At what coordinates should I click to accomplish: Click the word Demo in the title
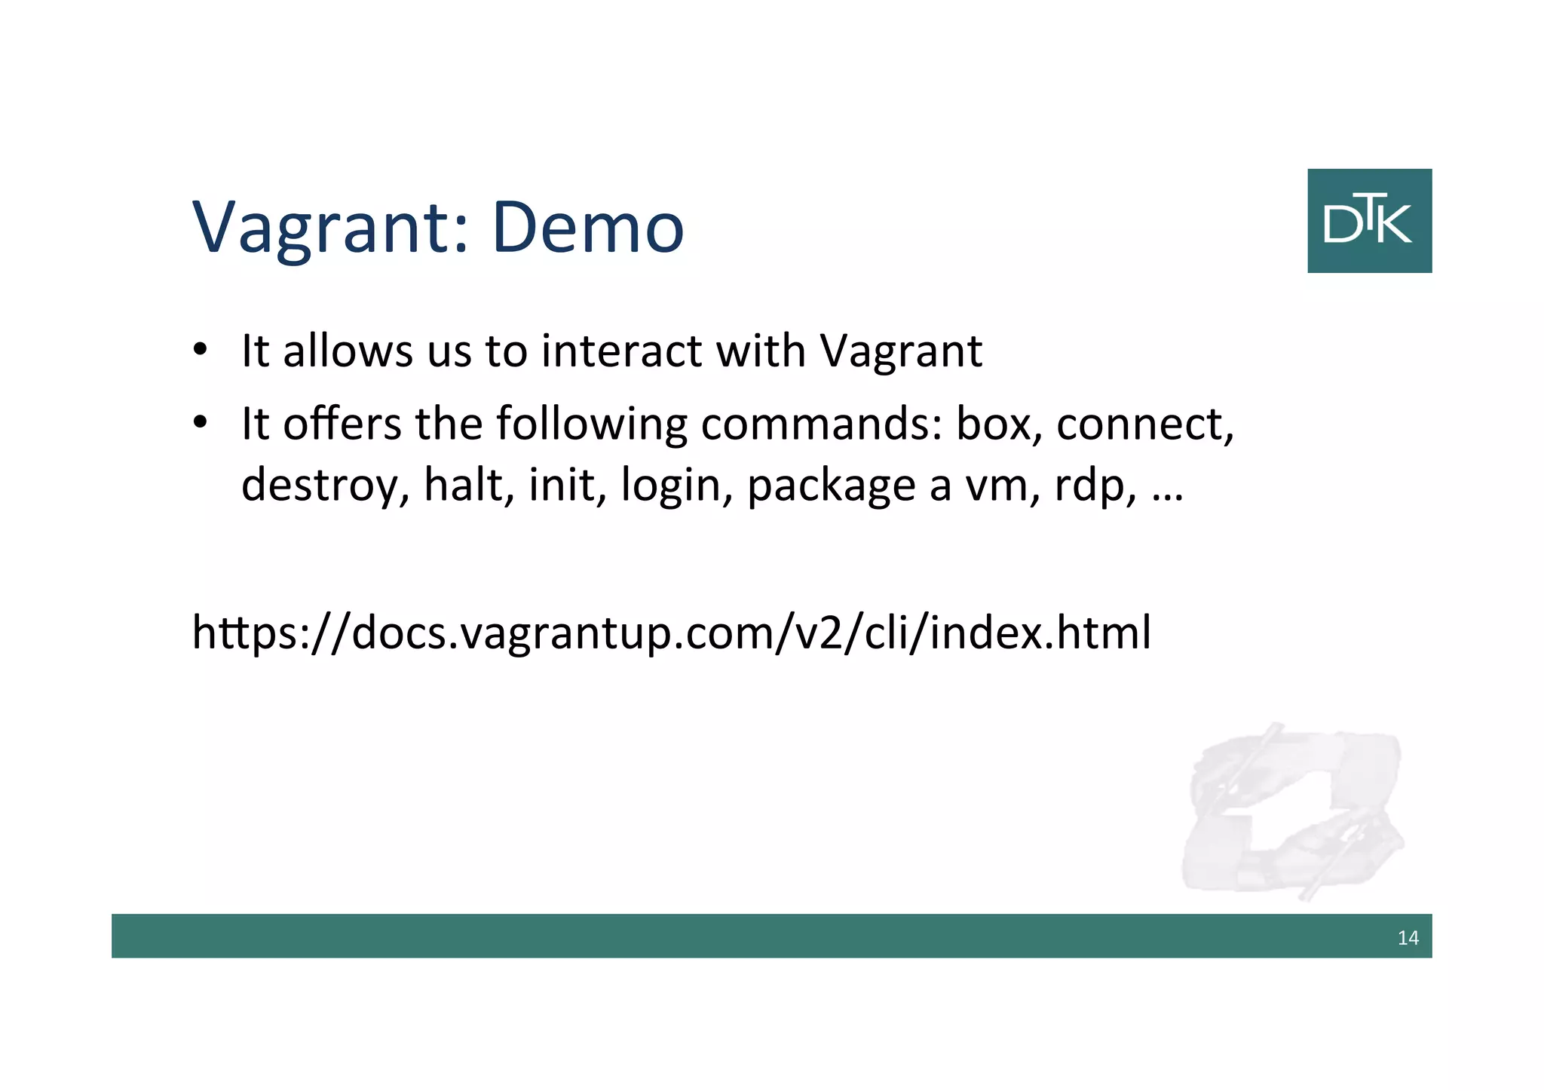point(588,227)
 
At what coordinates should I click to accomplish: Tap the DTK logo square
point(1369,221)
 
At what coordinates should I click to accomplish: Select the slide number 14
point(1408,938)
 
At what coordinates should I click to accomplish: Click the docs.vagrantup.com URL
point(672,633)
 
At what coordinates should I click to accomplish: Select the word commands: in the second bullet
point(822,424)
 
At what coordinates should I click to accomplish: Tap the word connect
point(1144,424)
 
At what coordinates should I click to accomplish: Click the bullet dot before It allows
point(200,351)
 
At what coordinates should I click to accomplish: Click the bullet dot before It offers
point(200,423)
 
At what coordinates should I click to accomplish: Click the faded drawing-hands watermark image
point(1292,811)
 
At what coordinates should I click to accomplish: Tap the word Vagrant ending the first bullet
point(901,352)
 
